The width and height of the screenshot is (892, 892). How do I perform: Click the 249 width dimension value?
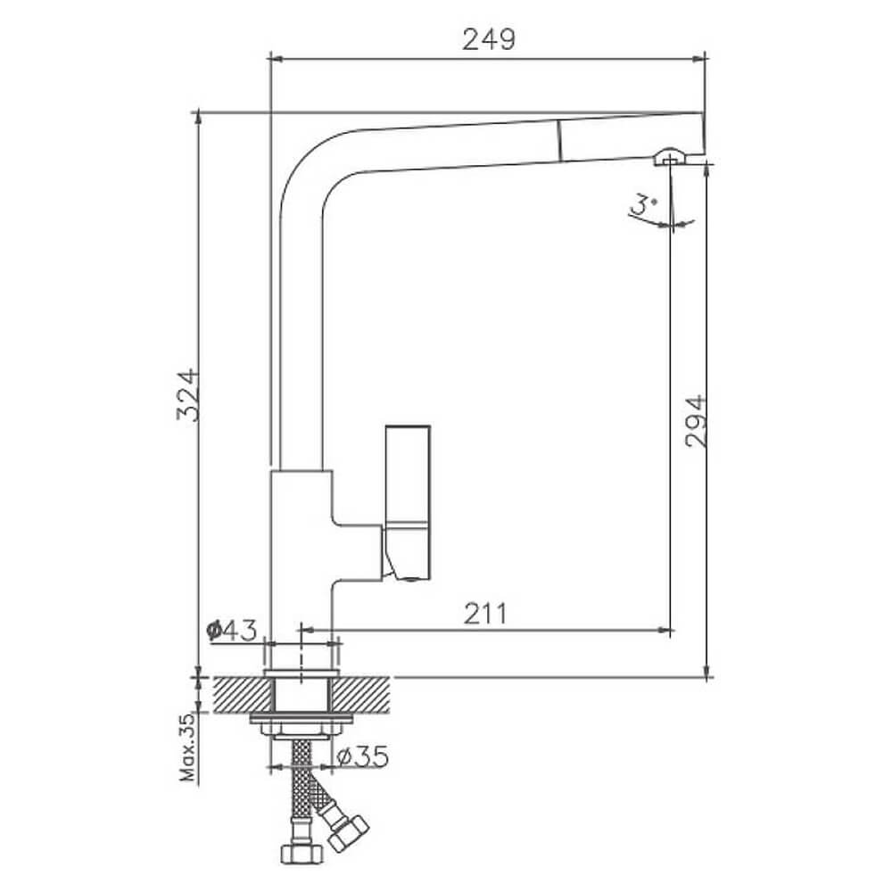point(489,40)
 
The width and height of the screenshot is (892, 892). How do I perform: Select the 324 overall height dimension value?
point(187,395)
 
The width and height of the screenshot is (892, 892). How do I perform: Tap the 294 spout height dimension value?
point(696,421)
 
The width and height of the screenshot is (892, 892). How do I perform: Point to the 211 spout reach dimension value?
point(484,614)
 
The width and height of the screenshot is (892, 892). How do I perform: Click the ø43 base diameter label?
point(232,630)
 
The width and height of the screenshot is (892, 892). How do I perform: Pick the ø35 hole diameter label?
point(362,756)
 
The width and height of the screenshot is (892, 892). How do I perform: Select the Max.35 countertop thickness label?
point(187,747)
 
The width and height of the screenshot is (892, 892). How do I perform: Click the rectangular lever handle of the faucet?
point(408,501)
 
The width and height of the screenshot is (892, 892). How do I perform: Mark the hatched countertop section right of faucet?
point(360,695)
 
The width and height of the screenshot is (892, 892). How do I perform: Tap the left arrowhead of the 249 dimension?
point(276,58)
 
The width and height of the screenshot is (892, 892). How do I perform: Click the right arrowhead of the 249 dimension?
point(698,58)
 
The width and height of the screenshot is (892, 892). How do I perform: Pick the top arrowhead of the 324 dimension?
point(198,118)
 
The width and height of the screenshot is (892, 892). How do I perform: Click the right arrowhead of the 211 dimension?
point(665,630)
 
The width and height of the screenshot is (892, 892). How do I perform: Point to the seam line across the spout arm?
point(560,141)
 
